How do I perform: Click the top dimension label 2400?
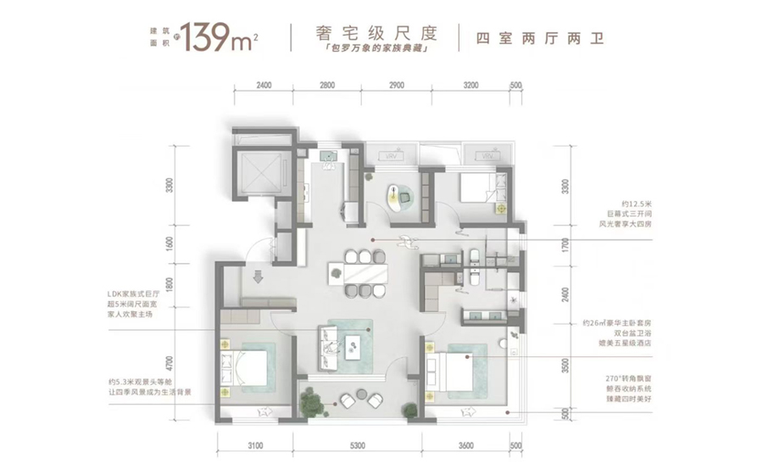pyautogui.click(x=263, y=86)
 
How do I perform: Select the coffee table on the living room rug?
pyautogui.click(x=355, y=343)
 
